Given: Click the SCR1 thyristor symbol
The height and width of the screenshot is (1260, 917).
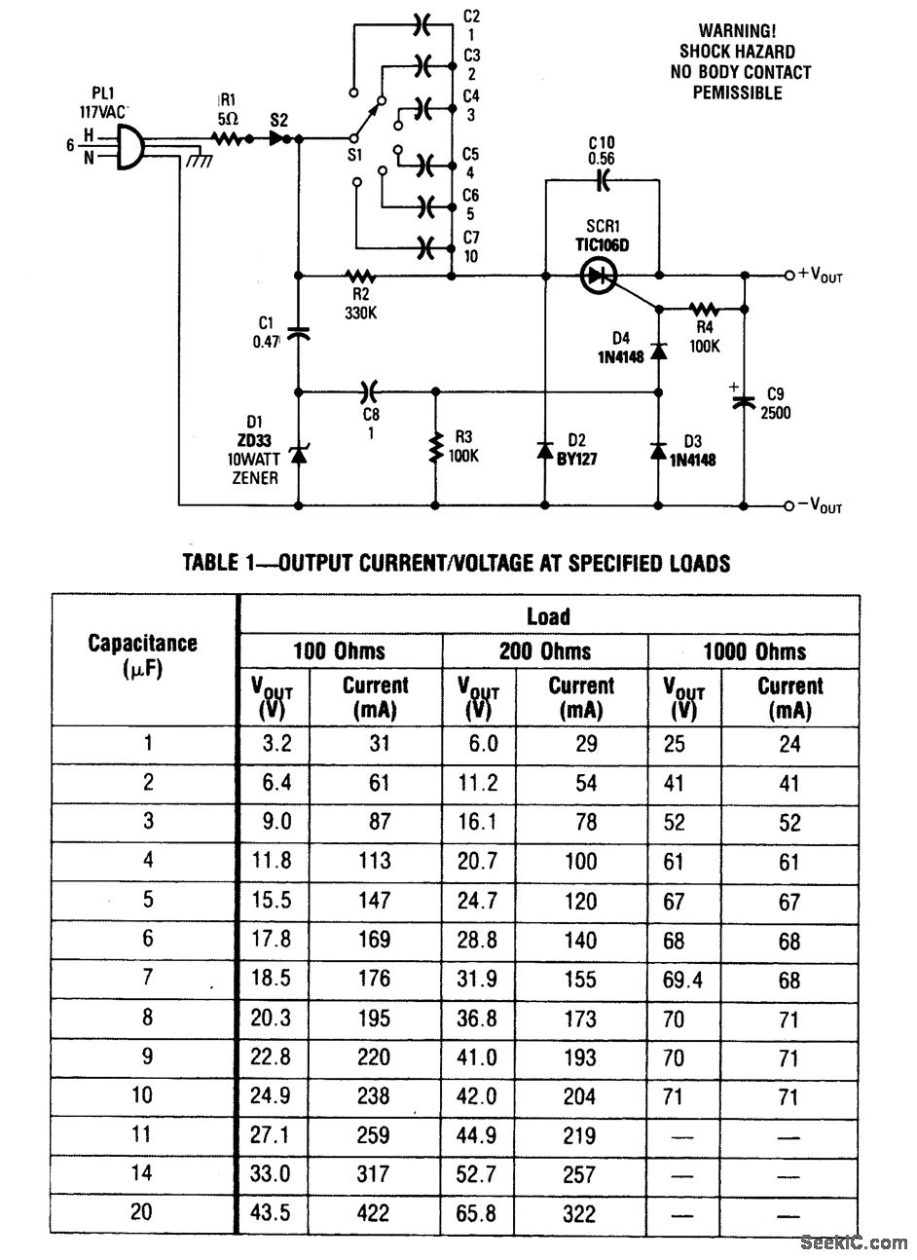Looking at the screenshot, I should [x=598, y=277].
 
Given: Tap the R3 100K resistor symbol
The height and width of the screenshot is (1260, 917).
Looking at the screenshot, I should [x=434, y=450].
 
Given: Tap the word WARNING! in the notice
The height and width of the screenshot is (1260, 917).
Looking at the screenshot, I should [x=737, y=31].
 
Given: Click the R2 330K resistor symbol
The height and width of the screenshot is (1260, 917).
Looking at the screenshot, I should [x=360, y=277].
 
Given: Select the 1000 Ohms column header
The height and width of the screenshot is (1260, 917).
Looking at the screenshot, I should [x=754, y=650].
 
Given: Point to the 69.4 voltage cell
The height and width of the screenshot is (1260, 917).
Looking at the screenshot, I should [x=682, y=979].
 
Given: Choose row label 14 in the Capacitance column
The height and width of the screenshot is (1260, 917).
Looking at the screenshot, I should [x=142, y=1173].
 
